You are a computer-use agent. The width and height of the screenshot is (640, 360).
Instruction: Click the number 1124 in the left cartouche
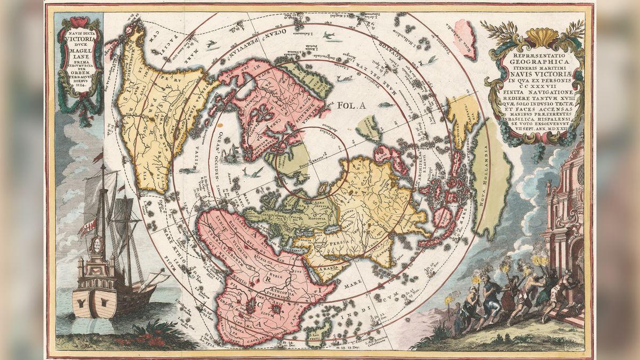[x=79, y=91]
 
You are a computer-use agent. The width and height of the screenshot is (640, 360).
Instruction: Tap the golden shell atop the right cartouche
[x=533, y=36]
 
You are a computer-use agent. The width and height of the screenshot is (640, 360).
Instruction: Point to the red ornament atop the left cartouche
[x=80, y=21]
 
